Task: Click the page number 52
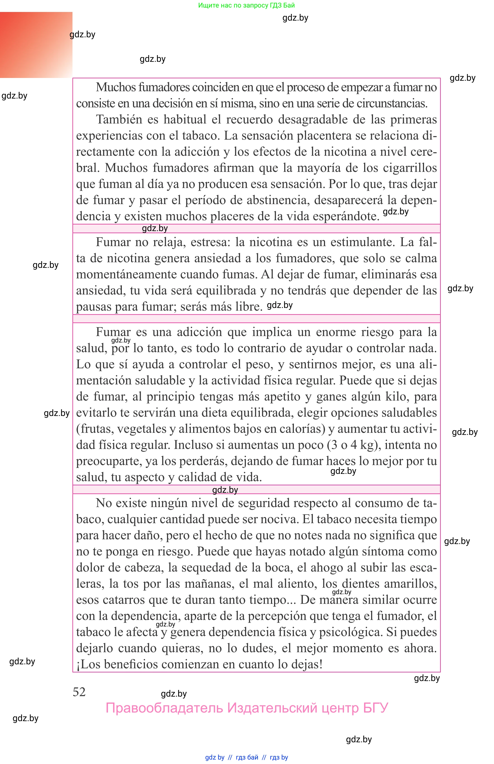pos(79,692)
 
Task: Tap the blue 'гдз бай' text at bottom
pos(247,757)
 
